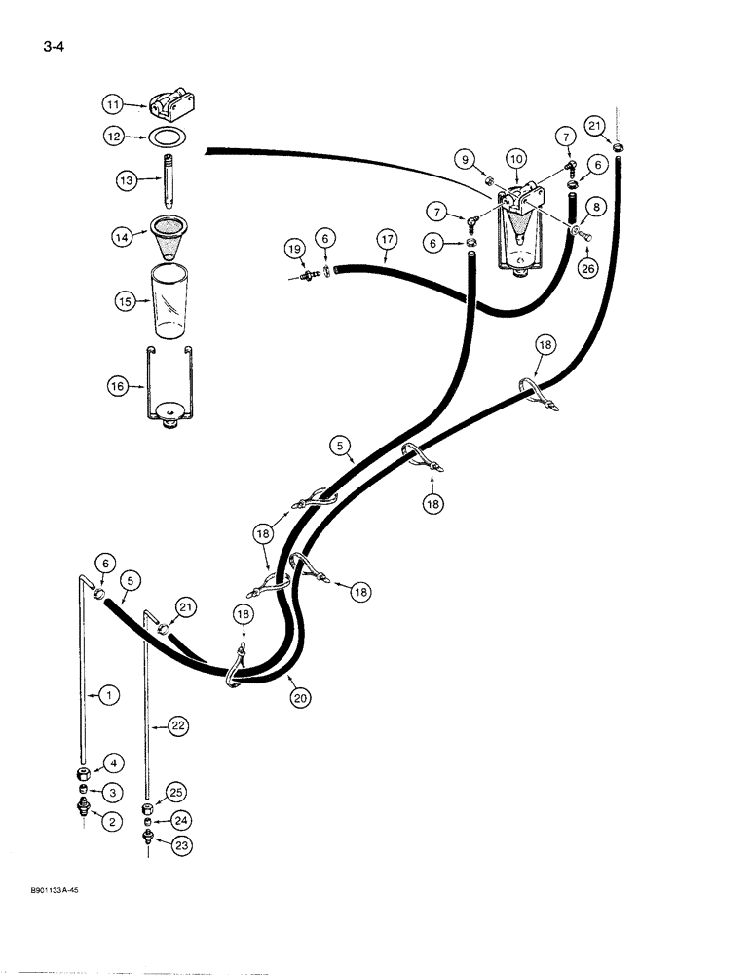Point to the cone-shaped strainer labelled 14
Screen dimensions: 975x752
click(x=169, y=240)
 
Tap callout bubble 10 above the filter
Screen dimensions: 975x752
click(x=514, y=158)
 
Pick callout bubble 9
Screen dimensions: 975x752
click(x=465, y=158)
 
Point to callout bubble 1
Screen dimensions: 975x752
click(x=109, y=695)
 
